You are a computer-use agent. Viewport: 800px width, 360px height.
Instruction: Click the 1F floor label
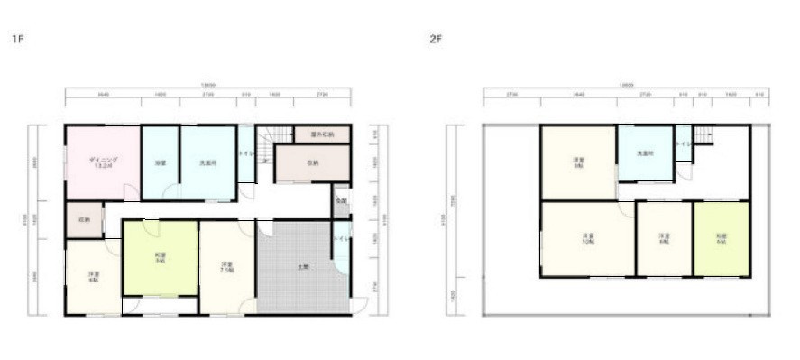coord(16,40)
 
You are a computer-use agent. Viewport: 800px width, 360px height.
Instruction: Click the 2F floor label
coord(437,40)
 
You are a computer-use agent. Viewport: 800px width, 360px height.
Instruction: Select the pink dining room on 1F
coord(101,162)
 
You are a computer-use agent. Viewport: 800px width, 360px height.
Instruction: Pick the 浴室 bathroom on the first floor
coord(161,163)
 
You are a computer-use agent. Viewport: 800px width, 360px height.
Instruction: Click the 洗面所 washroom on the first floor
coord(207,163)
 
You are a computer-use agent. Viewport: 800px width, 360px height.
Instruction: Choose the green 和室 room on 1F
coord(161,257)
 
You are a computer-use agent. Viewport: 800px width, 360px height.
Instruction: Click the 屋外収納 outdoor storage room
coord(322,134)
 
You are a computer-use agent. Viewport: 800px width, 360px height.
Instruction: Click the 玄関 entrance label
coord(342,201)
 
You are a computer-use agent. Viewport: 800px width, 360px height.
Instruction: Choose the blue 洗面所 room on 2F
coord(644,153)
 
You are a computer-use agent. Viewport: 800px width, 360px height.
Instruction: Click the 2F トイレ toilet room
coord(684,144)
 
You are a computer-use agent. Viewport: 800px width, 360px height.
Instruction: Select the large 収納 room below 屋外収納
coord(311,164)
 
